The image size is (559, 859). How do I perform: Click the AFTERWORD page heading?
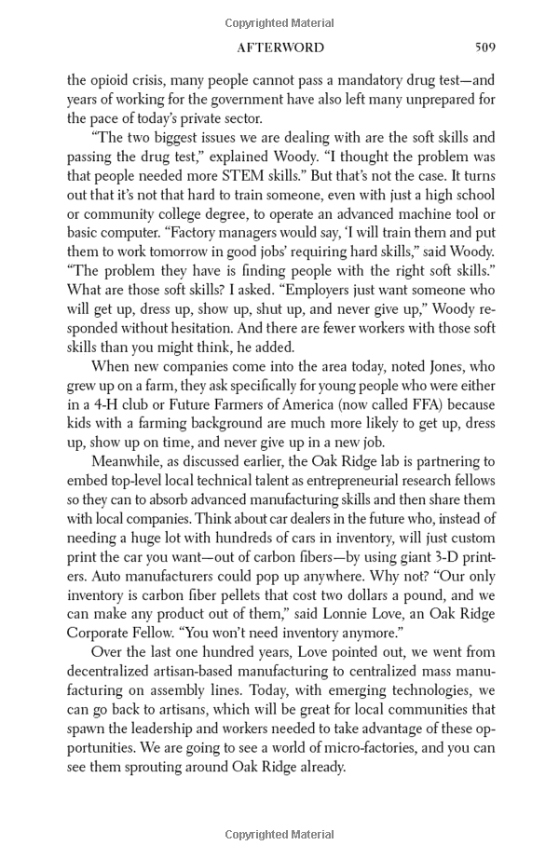[x=280, y=48]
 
